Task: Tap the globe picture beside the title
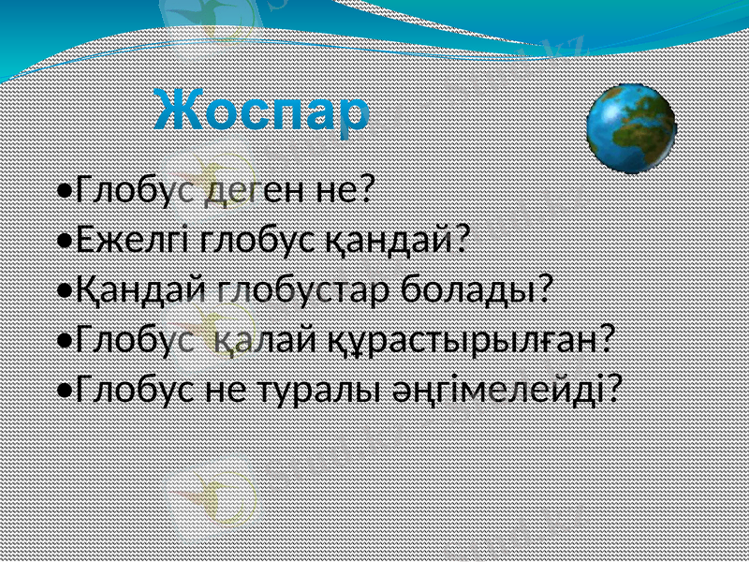tap(631, 128)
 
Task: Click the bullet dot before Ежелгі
tap(64, 242)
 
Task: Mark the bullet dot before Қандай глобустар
tap(64, 290)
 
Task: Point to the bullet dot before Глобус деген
tap(64, 193)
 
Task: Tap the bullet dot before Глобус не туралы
tap(64, 388)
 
